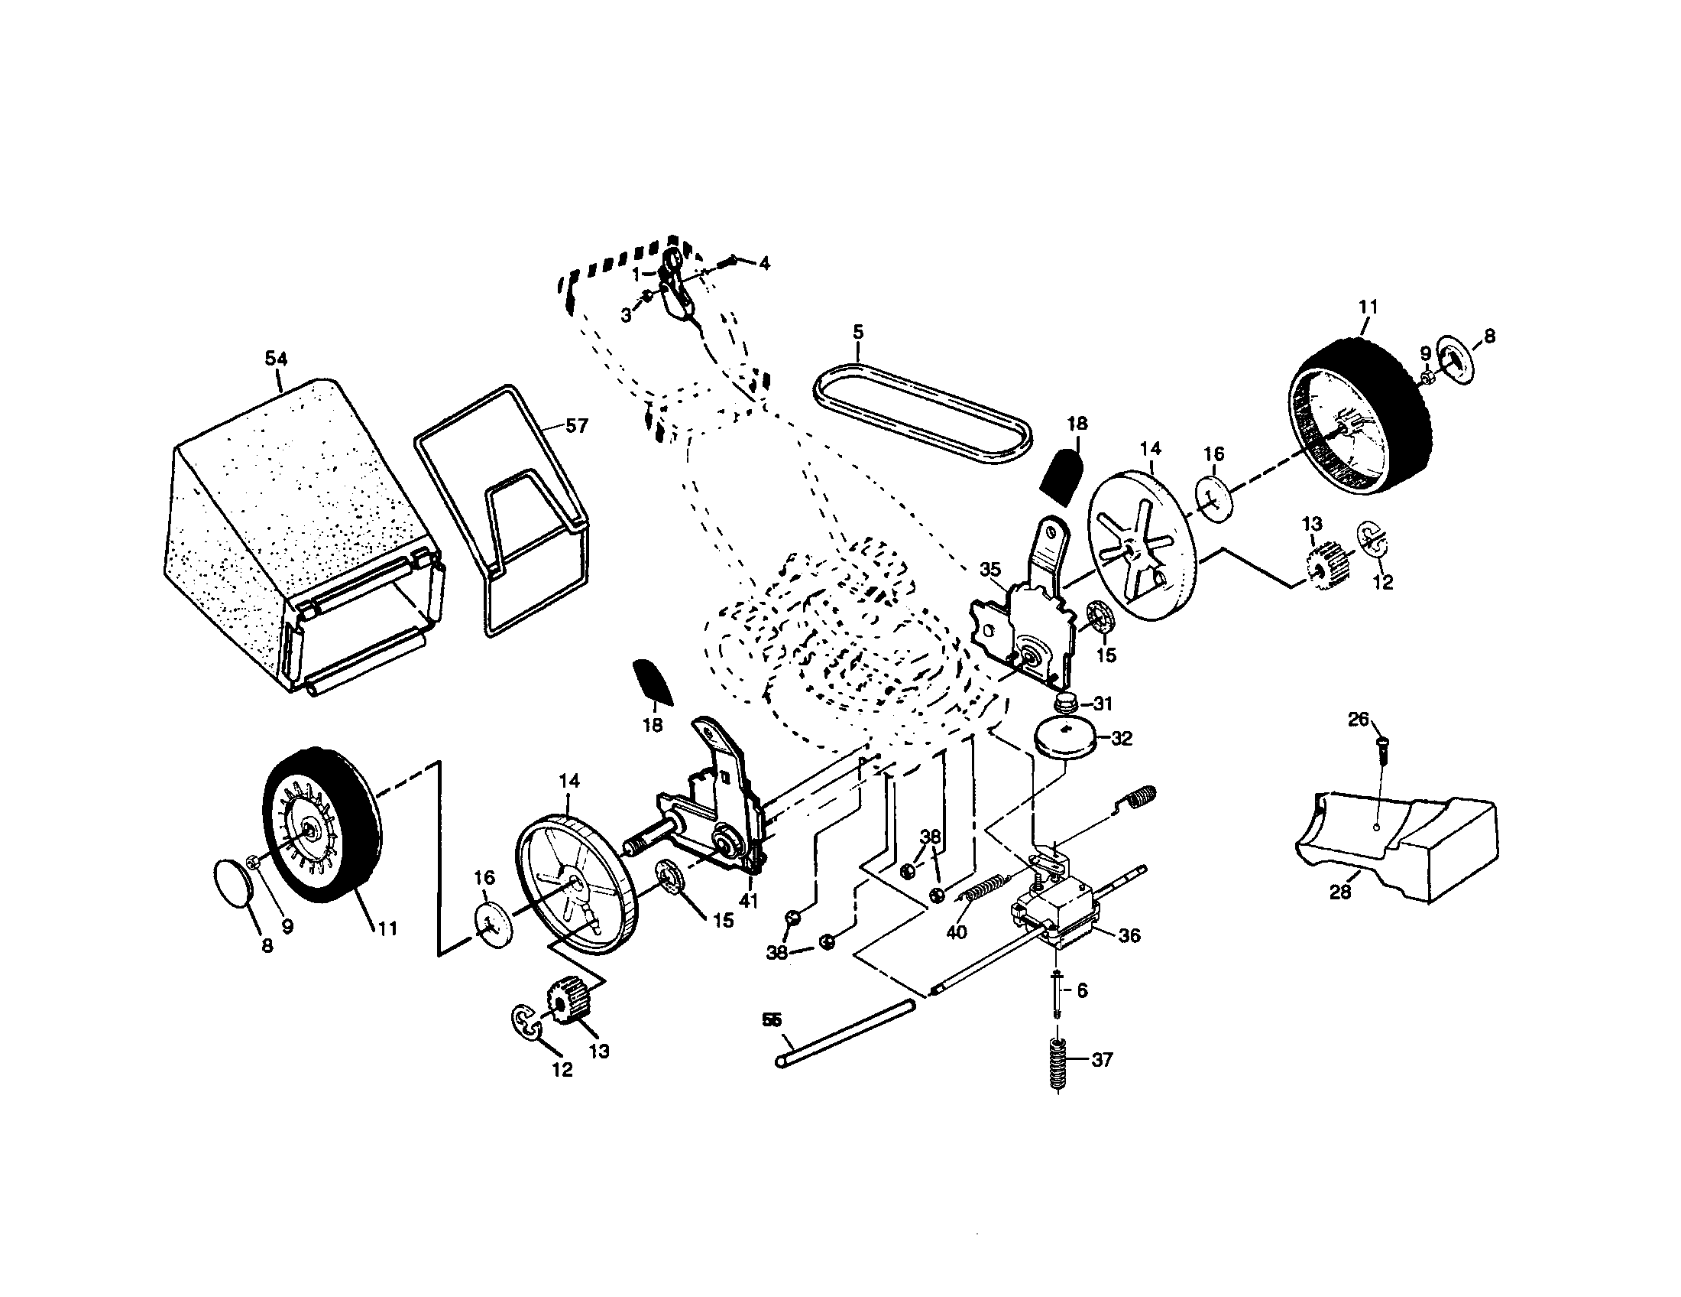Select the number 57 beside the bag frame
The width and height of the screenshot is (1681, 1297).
point(575,425)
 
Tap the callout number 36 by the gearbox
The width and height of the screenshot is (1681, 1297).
point(1129,935)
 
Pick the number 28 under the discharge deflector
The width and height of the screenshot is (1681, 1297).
point(1340,892)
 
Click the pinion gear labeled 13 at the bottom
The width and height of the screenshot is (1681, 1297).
point(566,1001)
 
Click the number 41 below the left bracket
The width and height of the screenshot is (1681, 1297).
point(748,900)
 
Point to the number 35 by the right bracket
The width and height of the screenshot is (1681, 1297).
point(989,569)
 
